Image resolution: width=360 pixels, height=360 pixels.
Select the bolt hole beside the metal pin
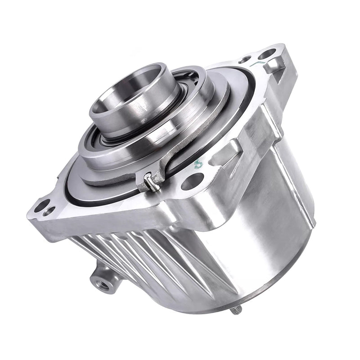[192, 181]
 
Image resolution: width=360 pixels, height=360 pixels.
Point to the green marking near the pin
[197, 165]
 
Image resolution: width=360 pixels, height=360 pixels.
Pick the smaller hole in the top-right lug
[245, 59]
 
